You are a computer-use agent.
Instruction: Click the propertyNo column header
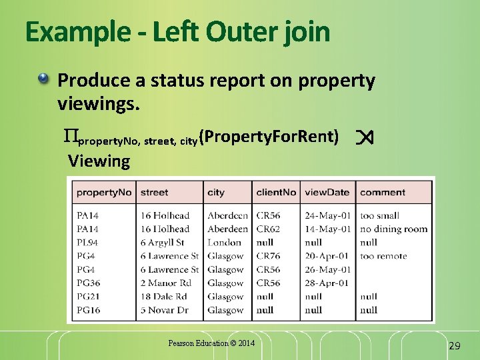(x=105, y=192)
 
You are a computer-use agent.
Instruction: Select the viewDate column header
(x=327, y=192)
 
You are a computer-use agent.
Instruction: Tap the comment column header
(x=383, y=192)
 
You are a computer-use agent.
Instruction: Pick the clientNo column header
(x=276, y=192)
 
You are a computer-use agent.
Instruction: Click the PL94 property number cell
(x=87, y=243)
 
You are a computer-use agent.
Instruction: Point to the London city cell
(x=224, y=243)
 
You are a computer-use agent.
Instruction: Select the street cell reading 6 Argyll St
(x=162, y=243)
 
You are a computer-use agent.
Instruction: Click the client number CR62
(x=268, y=229)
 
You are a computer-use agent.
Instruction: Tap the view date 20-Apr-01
(x=327, y=256)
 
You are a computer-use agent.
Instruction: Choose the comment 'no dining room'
(x=393, y=229)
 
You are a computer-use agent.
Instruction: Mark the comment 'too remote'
(x=383, y=256)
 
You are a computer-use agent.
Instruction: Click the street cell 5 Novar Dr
(x=164, y=310)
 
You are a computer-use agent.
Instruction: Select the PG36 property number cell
(x=88, y=283)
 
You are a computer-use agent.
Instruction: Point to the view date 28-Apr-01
(x=327, y=283)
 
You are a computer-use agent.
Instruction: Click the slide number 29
(x=455, y=345)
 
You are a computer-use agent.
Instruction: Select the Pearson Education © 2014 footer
(x=211, y=343)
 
